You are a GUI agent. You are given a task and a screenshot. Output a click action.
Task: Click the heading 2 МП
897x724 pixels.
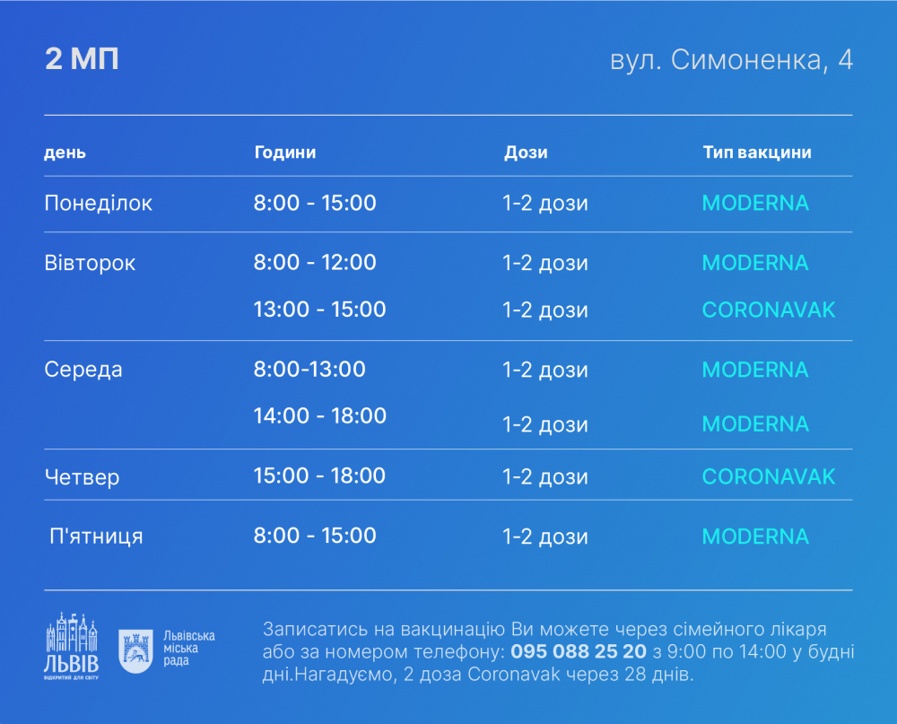point(82,59)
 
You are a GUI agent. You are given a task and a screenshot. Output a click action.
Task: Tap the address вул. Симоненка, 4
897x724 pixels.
point(731,60)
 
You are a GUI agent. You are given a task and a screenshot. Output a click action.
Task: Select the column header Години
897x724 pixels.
point(285,153)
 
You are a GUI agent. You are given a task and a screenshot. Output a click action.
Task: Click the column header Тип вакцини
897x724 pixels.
point(757,153)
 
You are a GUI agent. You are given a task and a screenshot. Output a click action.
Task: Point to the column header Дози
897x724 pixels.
point(526,153)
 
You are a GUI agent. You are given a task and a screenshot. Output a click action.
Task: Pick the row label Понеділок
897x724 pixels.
point(99,204)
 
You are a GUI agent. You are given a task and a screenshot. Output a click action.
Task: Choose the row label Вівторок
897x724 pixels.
point(90,263)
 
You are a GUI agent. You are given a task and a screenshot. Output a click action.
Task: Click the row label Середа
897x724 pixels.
point(83,370)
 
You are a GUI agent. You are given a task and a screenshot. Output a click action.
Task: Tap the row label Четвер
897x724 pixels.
point(82,476)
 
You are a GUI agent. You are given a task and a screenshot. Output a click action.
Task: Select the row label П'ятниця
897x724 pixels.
point(96,536)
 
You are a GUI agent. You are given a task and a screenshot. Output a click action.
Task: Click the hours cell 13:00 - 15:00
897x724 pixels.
point(319,310)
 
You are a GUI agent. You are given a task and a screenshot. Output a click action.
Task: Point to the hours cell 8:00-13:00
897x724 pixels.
point(309,369)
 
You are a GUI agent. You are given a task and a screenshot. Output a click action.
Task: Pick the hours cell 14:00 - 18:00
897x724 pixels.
point(319,415)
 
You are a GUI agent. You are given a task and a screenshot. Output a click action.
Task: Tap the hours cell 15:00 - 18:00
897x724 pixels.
point(319,475)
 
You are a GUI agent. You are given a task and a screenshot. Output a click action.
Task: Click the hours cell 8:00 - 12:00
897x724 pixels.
point(315,263)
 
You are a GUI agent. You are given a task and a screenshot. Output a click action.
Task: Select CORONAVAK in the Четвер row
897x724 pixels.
point(768,475)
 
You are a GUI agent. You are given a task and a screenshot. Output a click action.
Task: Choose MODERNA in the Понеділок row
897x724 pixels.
point(755,203)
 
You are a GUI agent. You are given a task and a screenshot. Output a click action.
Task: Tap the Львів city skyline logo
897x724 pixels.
point(71,644)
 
